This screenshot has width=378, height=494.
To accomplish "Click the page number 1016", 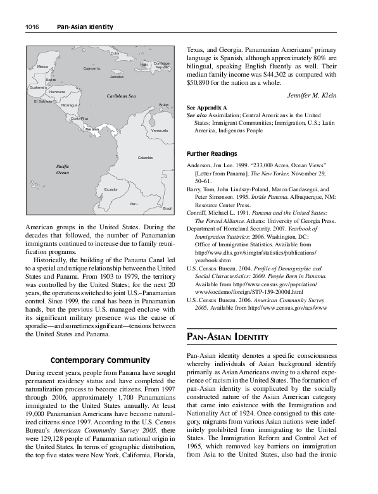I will [x=32, y=27].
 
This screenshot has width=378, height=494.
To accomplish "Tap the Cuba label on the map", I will [x=115, y=53].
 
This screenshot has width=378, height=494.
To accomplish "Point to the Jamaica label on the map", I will [x=117, y=77].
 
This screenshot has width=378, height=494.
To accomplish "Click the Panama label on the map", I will [x=92, y=129].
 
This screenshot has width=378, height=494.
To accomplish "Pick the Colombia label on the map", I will [x=145, y=157].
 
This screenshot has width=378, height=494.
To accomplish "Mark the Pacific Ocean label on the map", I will [x=62, y=169].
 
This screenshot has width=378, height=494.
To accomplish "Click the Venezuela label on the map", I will [x=160, y=130].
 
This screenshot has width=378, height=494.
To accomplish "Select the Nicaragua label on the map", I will [x=70, y=105].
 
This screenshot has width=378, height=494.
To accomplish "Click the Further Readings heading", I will [x=212, y=154].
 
